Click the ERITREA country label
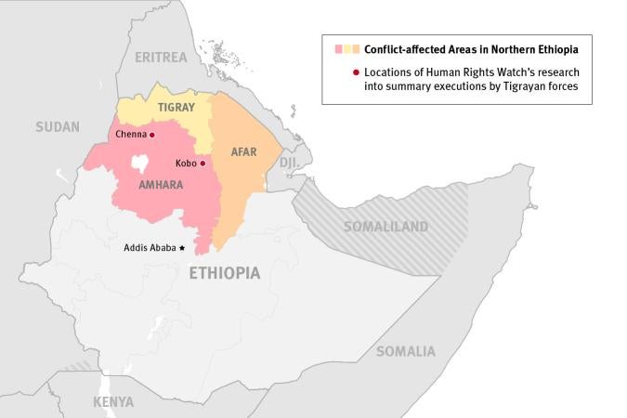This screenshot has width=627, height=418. pos(161,58)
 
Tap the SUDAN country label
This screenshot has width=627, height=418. pos(58,126)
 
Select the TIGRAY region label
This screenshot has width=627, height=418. pos(176,108)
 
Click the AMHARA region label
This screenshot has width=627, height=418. pos(160,185)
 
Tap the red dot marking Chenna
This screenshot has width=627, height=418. pos(152,135)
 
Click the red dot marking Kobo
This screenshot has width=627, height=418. pos(202,163)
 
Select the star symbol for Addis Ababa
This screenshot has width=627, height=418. pos(182,248)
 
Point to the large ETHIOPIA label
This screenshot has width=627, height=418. pos(224,273)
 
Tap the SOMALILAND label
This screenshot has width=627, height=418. pos(385,227)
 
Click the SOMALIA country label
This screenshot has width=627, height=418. pos(405,351)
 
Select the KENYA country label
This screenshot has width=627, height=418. pos(113,402)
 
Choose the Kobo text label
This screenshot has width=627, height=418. pos(185,163)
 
